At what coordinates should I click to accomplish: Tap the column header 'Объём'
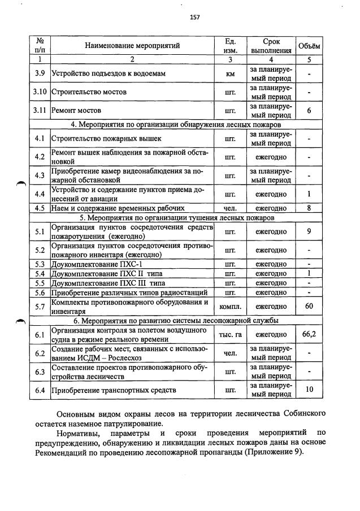coord(309,46)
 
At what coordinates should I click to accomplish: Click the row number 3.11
coord(40,111)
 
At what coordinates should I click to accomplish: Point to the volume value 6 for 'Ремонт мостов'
coord(309,111)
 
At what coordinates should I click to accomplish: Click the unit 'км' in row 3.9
coord(230,73)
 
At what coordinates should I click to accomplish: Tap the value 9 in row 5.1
coord(309,232)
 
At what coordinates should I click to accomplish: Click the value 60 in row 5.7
coord(309,306)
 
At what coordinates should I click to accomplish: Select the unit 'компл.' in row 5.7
coord(230,307)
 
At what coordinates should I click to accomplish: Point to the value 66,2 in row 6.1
coord(309,334)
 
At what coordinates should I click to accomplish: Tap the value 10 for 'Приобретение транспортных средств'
coord(309,390)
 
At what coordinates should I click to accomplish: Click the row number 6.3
coord(40,372)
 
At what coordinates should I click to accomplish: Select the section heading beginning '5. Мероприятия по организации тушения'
coord(177,217)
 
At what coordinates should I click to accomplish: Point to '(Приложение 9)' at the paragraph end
coord(274,452)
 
